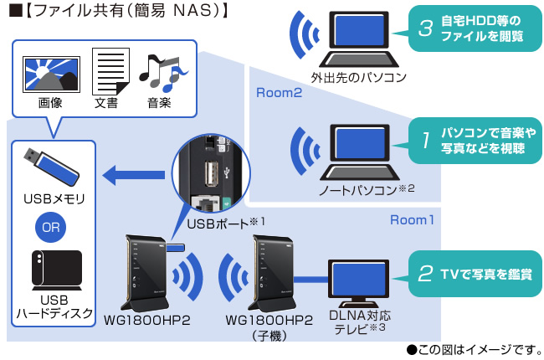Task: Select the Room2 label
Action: click(x=279, y=93)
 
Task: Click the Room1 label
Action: click(x=413, y=220)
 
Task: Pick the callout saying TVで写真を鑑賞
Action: click(x=474, y=273)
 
